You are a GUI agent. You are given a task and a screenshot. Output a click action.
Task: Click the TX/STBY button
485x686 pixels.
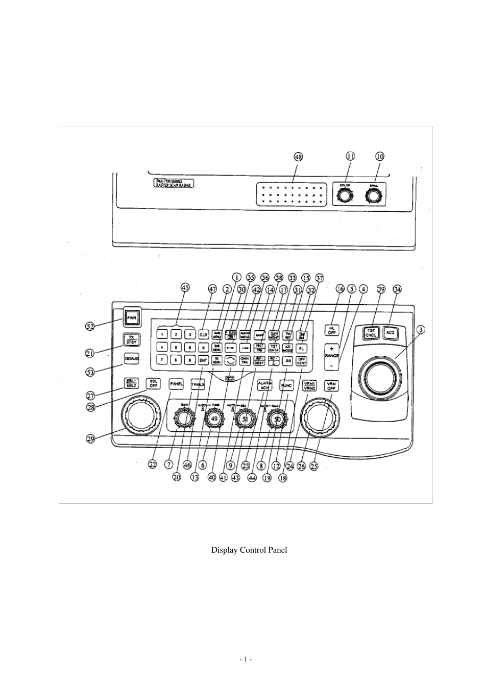tap(132, 339)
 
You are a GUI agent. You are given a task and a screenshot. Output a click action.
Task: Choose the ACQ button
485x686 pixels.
tap(391, 332)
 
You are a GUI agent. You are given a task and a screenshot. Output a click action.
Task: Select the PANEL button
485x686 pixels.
tap(176, 383)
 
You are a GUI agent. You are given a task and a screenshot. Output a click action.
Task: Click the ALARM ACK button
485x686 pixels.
tap(265, 385)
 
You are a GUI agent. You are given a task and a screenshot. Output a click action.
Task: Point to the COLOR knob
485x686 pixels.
tap(345, 196)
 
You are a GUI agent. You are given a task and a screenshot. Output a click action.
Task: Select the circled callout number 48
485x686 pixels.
tap(298, 157)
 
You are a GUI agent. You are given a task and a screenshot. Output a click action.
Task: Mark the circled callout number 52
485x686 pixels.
tap(90, 326)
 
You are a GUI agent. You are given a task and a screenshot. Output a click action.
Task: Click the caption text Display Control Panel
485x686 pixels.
tap(249, 550)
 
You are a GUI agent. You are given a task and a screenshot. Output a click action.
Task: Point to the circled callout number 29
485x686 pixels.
tap(90, 438)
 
